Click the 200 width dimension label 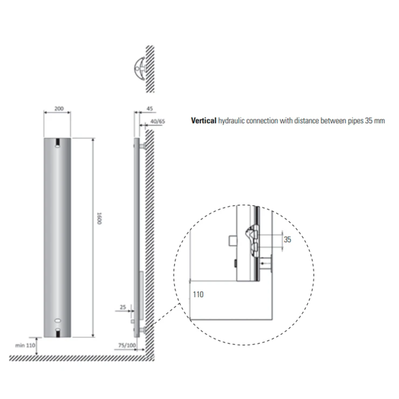coord(59,108)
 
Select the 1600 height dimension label coord(99,218)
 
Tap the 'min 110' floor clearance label coord(25,345)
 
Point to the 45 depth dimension coord(150,109)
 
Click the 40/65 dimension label coord(157,121)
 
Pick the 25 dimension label coord(123,307)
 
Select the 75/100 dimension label coord(127,345)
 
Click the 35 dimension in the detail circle coord(287,239)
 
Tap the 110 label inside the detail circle coord(198,294)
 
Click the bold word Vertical coord(204,121)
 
